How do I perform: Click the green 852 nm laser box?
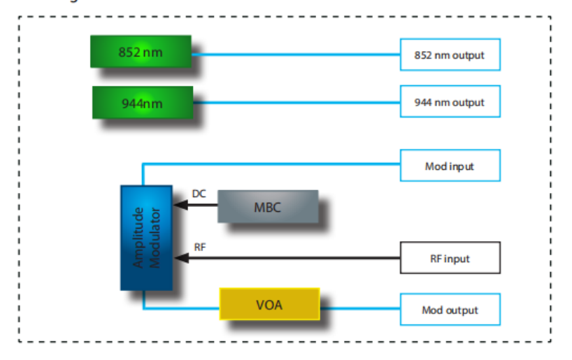141,51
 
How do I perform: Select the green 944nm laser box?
144,103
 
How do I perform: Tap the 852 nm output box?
450,55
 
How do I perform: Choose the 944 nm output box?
450,102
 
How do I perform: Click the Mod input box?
450,166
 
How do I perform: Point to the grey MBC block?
267,207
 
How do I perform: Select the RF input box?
450,258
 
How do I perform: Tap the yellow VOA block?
270,305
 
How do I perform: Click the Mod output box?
450,310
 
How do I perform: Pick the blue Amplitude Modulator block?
146,238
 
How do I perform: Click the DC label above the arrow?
199,194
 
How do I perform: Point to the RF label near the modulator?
199,247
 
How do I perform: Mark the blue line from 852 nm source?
294,54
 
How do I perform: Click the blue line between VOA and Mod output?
359,307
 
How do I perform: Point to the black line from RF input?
294,258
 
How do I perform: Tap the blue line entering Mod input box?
280,164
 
